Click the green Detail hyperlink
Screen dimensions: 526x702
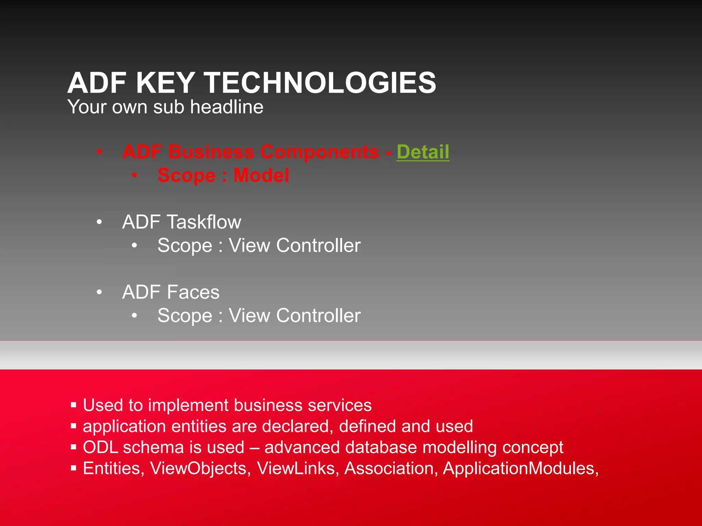(x=423, y=152)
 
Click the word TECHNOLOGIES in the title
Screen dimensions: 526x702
(x=320, y=83)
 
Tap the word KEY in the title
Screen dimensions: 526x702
(x=166, y=83)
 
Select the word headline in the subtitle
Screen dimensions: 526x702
(x=227, y=107)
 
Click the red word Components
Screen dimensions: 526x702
(x=319, y=152)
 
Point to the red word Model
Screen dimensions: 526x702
(x=261, y=175)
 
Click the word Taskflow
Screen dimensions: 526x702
(x=204, y=222)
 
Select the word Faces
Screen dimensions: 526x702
(x=193, y=292)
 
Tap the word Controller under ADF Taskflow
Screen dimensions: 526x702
(x=318, y=246)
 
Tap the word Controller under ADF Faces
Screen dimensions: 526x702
(x=318, y=315)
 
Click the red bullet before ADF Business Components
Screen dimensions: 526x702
(x=99, y=152)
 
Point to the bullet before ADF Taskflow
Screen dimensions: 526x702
(x=99, y=222)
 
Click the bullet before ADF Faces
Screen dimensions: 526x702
(x=99, y=292)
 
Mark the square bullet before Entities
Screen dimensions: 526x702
(x=73, y=468)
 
